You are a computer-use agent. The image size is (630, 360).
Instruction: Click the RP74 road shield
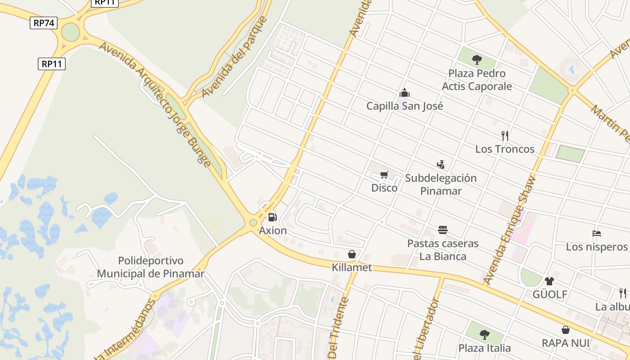[44, 23]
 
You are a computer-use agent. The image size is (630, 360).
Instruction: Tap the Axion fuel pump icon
[272, 217]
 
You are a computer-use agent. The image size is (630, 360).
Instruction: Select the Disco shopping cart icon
[384, 175]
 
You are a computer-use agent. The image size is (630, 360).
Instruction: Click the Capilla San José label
[405, 106]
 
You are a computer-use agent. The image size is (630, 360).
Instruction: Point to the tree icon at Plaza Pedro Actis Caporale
[477, 60]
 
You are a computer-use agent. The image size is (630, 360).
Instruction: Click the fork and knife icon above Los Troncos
[505, 135]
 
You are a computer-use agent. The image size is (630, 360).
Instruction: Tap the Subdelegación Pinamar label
[441, 184]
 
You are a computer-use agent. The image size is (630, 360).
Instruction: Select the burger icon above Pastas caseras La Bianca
[443, 230]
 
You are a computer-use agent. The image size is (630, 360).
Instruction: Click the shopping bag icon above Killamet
[352, 254]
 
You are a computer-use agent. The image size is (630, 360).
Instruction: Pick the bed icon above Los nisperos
[597, 234]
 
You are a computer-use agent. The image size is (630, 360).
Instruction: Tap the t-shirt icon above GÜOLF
[549, 281]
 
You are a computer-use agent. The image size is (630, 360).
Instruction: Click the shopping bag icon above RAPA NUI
[566, 330]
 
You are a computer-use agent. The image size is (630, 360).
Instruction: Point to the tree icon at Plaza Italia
[485, 334]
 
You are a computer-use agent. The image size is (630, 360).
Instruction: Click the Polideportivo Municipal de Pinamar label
[151, 267]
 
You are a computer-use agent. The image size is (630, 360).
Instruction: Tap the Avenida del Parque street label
[234, 57]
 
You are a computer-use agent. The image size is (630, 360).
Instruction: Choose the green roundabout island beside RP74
[70, 32]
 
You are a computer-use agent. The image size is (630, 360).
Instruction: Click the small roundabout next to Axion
[253, 222]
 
